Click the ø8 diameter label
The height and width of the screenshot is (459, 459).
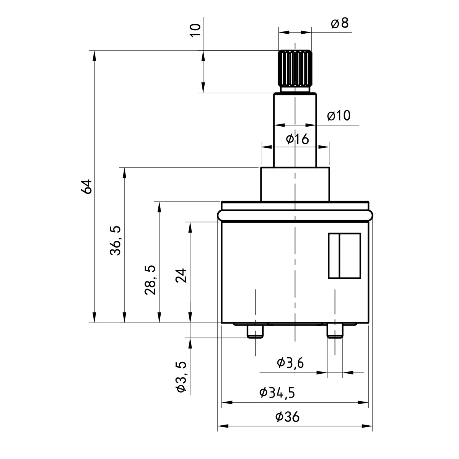coord(339,24)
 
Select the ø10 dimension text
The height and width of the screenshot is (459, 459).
coord(339,116)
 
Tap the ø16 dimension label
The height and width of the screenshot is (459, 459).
coord(297,139)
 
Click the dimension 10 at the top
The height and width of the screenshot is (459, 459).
coord(195,29)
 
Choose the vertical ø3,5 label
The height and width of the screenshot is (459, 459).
coord(181,377)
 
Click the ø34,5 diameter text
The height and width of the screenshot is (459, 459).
coord(277,393)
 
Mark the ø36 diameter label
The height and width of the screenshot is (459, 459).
coord(287,417)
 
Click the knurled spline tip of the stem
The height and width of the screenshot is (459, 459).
coord(295,69)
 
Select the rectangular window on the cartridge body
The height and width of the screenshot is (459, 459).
coord(344,255)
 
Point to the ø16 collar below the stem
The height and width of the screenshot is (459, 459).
coord(295,184)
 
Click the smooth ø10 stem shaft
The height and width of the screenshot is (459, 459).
coord(295,130)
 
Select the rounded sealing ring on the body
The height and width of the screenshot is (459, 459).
coord(295,215)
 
